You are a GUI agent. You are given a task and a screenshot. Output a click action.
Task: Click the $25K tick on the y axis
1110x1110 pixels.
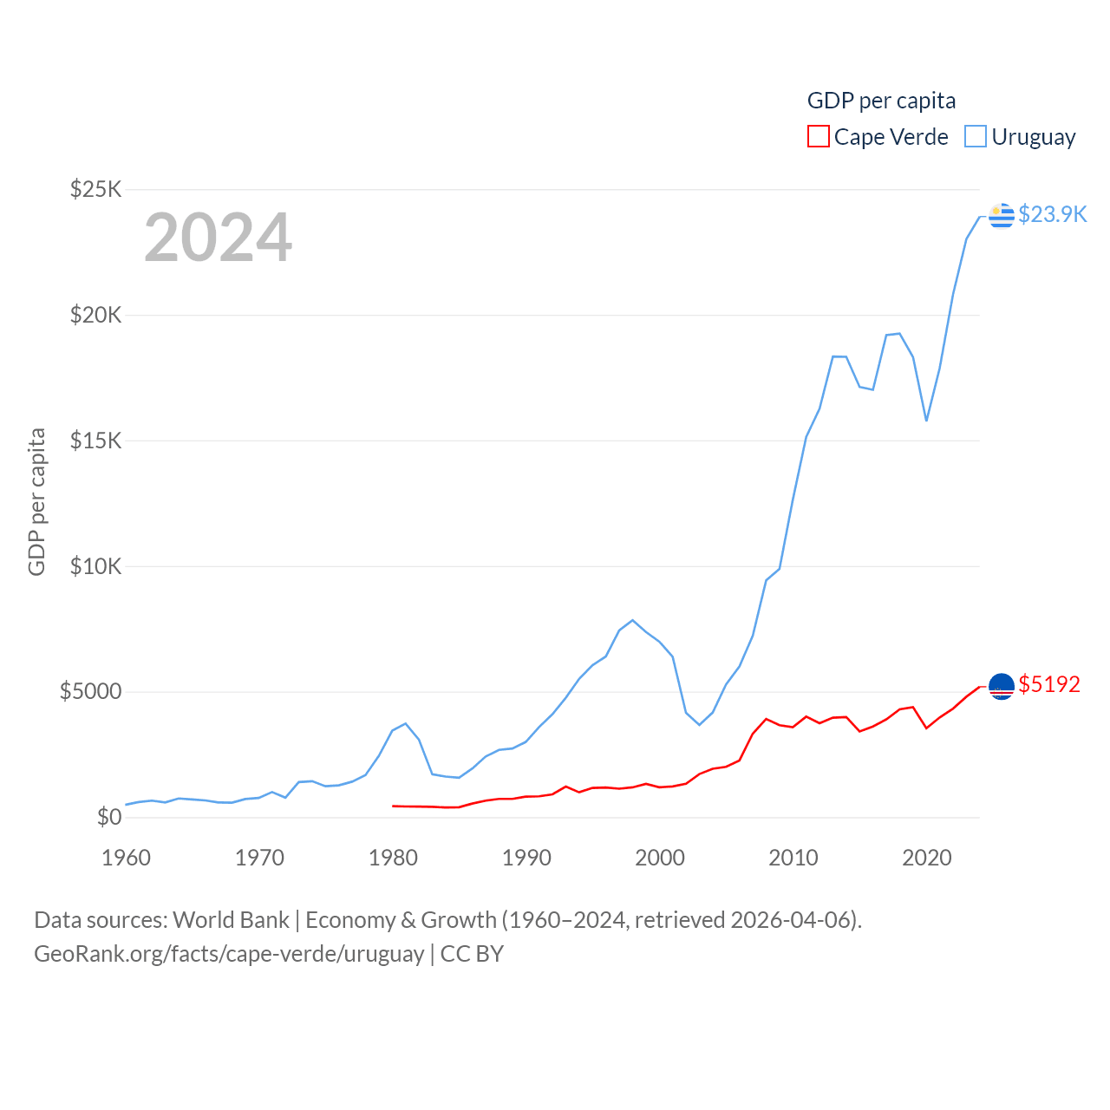pyautogui.click(x=96, y=189)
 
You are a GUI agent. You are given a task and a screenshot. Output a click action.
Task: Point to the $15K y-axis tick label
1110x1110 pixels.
pyautogui.click(x=96, y=441)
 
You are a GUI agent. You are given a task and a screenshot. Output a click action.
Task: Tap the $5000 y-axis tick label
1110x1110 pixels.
pyautogui.click(x=91, y=692)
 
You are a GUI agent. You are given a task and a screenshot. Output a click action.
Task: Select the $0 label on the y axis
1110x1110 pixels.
pyautogui.click(x=109, y=817)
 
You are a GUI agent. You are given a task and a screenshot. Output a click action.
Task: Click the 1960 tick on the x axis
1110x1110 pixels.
pyautogui.click(x=126, y=858)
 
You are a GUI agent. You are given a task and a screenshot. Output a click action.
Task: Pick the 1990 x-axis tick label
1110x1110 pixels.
pyautogui.click(x=526, y=858)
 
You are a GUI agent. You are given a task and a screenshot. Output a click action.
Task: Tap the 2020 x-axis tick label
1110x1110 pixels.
pyautogui.click(x=927, y=858)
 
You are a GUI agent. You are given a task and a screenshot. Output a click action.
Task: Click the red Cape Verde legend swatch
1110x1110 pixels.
pyautogui.click(x=818, y=137)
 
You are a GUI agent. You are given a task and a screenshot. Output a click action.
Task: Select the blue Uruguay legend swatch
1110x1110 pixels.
pyautogui.click(x=976, y=137)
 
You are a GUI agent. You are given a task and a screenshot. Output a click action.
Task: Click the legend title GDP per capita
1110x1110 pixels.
pyautogui.click(x=881, y=101)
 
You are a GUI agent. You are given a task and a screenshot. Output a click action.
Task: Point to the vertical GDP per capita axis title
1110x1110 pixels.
pyautogui.click(x=36, y=501)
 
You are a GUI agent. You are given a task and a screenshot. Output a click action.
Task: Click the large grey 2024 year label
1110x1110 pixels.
pyautogui.click(x=218, y=238)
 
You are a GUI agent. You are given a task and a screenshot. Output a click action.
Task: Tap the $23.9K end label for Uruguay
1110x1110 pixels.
pyautogui.click(x=1052, y=214)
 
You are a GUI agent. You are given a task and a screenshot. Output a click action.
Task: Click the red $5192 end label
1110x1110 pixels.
pyautogui.click(x=1049, y=684)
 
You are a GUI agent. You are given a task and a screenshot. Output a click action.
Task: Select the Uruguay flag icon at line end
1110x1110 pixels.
pyautogui.click(x=1002, y=215)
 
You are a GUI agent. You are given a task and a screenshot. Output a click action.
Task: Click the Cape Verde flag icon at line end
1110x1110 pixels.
pyautogui.click(x=1002, y=686)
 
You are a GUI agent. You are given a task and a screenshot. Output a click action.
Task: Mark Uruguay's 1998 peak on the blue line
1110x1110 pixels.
pyautogui.click(x=633, y=620)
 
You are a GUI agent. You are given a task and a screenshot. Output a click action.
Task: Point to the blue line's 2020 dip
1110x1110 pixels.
pyautogui.click(x=926, y=421)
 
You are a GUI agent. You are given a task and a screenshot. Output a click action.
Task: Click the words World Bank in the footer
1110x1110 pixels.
pyautogui.click(x=231, y=919)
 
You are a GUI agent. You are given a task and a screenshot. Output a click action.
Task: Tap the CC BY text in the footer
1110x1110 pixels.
pyautogui.click(x=472, y=954)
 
